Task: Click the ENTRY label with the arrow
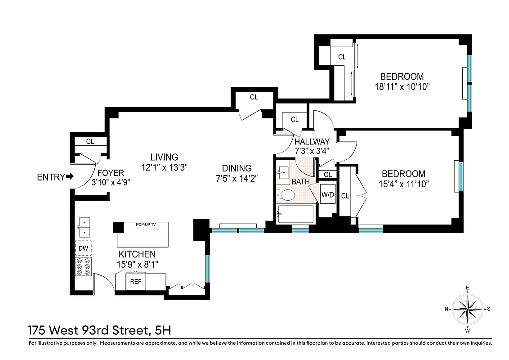55,177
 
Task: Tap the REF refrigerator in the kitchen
135,282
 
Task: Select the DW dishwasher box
83,248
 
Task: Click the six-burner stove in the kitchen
83,266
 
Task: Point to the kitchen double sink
83,227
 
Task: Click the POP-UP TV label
142,225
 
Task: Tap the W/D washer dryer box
327,195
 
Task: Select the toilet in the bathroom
286,195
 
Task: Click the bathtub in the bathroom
296,214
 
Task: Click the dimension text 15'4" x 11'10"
403,184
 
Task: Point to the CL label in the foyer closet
90,141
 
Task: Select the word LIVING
164,157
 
